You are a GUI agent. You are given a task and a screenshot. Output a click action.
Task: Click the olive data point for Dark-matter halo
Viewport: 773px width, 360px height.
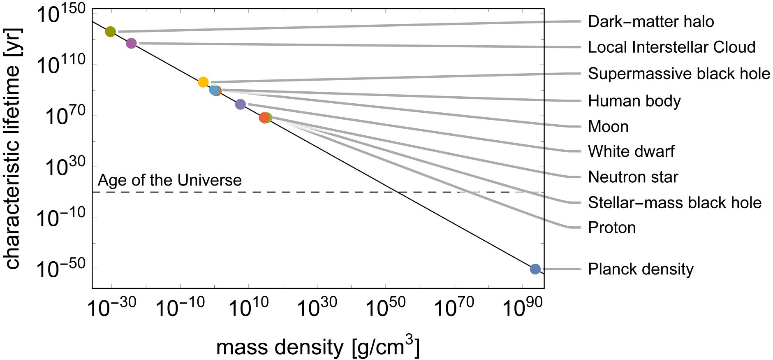pos(110,31)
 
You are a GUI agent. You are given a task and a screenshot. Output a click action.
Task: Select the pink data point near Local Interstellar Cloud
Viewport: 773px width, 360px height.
pos(131,43)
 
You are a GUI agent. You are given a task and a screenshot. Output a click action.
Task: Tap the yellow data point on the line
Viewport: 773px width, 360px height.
pos(203,82)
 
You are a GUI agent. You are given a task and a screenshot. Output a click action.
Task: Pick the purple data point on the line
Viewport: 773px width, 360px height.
pos(240,104)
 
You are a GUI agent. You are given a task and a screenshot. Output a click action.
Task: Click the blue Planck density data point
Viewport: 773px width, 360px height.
pos(535,269)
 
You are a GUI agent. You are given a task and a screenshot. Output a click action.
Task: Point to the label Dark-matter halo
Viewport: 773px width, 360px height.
pos(651,21)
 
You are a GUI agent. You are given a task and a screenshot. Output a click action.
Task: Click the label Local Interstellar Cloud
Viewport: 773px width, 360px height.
pos(671,47)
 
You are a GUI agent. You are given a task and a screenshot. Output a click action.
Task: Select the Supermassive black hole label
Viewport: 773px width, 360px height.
pos(679,74)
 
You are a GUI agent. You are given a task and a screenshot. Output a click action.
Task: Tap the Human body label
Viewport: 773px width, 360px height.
pos(634,101)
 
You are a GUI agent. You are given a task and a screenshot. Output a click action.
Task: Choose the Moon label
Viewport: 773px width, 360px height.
pos(608,126)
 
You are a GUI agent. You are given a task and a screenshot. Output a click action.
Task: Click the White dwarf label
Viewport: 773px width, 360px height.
pos(631,151)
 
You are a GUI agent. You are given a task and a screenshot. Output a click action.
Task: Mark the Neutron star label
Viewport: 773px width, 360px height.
pos(633,177)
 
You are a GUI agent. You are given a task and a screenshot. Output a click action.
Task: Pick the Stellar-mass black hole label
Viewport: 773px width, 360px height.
pos(674,202)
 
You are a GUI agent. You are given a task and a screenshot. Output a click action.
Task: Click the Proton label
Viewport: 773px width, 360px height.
pos(612,228)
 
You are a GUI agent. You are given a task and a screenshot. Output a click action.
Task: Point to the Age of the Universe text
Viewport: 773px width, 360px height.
pos(170,180)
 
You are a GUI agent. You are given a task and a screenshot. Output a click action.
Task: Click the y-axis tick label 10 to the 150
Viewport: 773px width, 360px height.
pos(61,15)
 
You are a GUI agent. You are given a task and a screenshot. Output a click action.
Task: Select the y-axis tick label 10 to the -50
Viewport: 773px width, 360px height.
pos(61,269)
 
